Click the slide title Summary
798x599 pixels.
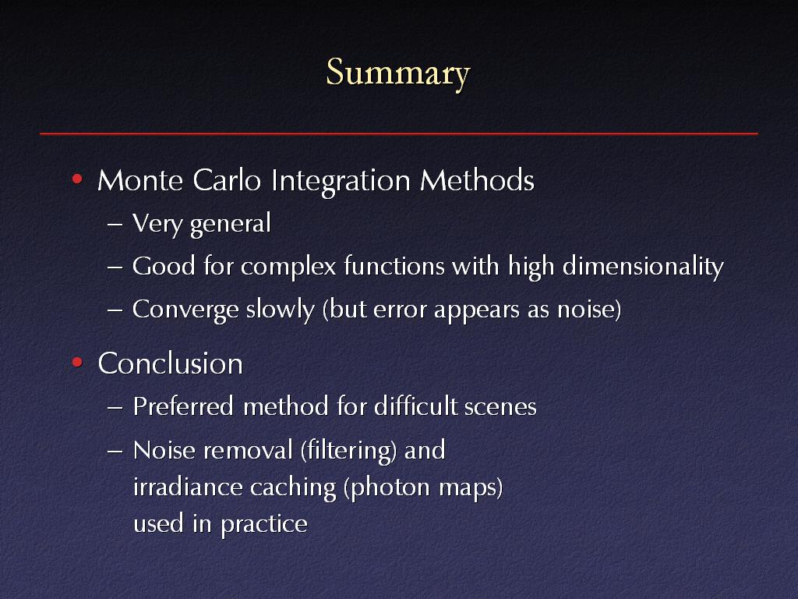point(398,73)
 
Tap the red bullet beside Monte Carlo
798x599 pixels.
point(77,179)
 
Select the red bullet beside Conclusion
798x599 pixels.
point(77,362)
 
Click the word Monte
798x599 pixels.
point(140,180)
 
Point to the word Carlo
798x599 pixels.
point(227,180)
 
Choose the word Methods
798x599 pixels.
point(478,180)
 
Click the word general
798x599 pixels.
point(230,224)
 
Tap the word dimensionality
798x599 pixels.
point(643,267)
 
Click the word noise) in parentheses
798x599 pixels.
point(589,309)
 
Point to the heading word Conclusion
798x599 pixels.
point(171,363)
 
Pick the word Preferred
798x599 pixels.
point(183,406)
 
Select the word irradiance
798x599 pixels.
point(187,487)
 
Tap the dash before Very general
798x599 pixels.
point(115,224)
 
